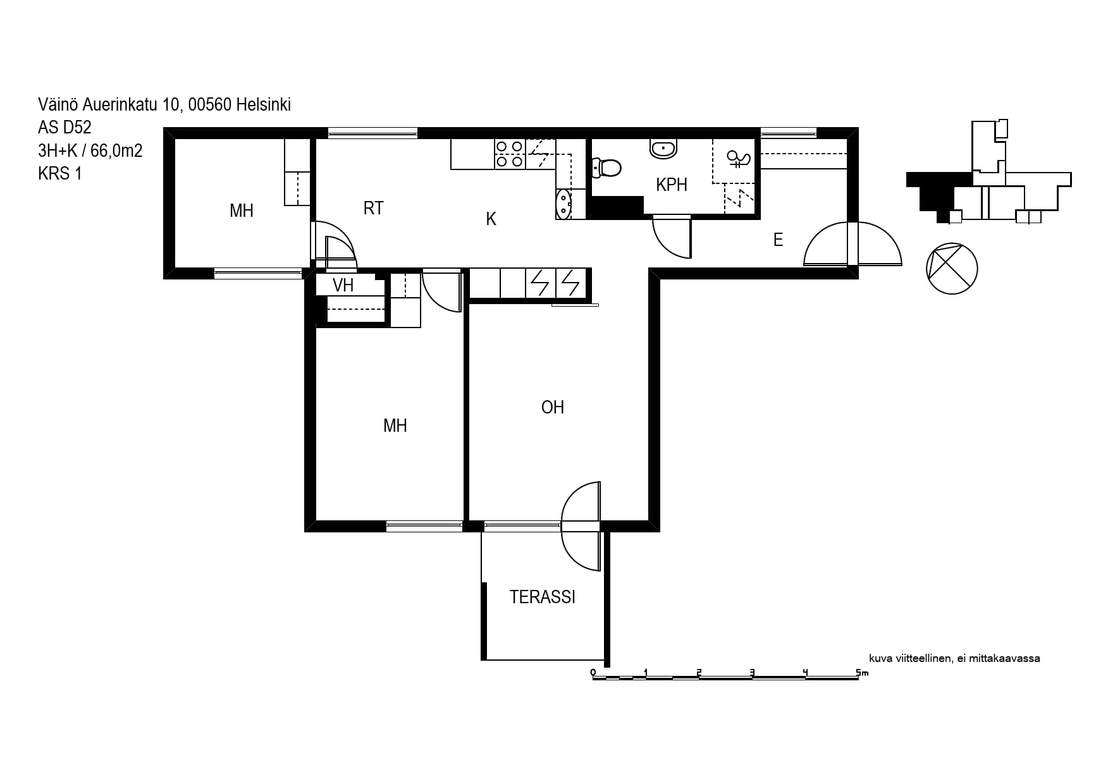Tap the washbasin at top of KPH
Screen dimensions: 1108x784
click(x=663, y=149)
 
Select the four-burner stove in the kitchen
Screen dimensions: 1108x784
click(x=509, y=154)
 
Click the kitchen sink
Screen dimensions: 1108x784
click(x=563, y=203)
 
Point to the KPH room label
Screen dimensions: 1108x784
click(x=672, y=185)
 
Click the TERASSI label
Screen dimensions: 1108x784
click(x=543, y=597)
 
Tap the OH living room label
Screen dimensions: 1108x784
click(x=553, y=407)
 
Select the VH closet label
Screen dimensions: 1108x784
click(x=343, y=285)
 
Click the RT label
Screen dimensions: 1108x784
click(x=373, y=208)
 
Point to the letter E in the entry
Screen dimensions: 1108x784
click(x=779, y=240)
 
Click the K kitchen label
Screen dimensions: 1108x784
click(x=491, y=219)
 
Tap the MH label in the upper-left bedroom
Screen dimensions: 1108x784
click(x=242, y=211)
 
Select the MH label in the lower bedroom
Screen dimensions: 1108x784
click(x=395, y=426)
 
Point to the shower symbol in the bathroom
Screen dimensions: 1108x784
click(x=738, y=159)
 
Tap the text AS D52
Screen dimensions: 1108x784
click(x=65, y=128)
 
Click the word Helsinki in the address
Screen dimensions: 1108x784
click(x=264, y=105)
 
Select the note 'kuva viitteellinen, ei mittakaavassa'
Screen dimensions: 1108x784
click(x=954, y=658)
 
